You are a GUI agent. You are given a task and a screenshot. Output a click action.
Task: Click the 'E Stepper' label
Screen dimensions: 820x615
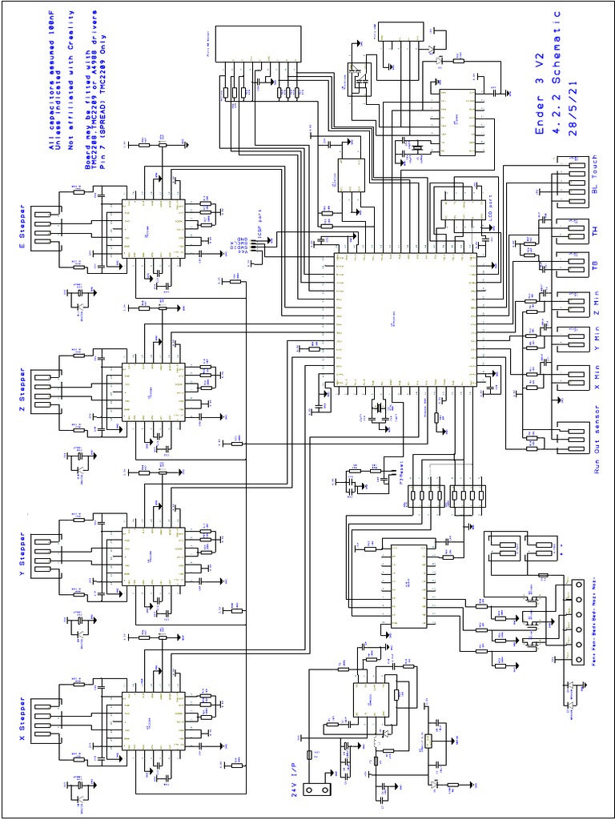pyautogui.click(x=22, y=228)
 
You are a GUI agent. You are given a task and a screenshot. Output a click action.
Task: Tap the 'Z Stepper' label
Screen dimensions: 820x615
pyautogui.click(x=22, y=391)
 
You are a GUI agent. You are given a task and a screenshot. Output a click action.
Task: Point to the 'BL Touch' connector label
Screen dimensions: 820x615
pyautogui.click(x=594, y=177)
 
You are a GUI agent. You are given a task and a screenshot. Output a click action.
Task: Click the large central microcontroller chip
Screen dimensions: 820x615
pyautogui.click(x=405, y=320)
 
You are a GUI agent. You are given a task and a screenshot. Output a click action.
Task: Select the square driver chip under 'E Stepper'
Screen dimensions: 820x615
pyautogui.click(x=153, y=228)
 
